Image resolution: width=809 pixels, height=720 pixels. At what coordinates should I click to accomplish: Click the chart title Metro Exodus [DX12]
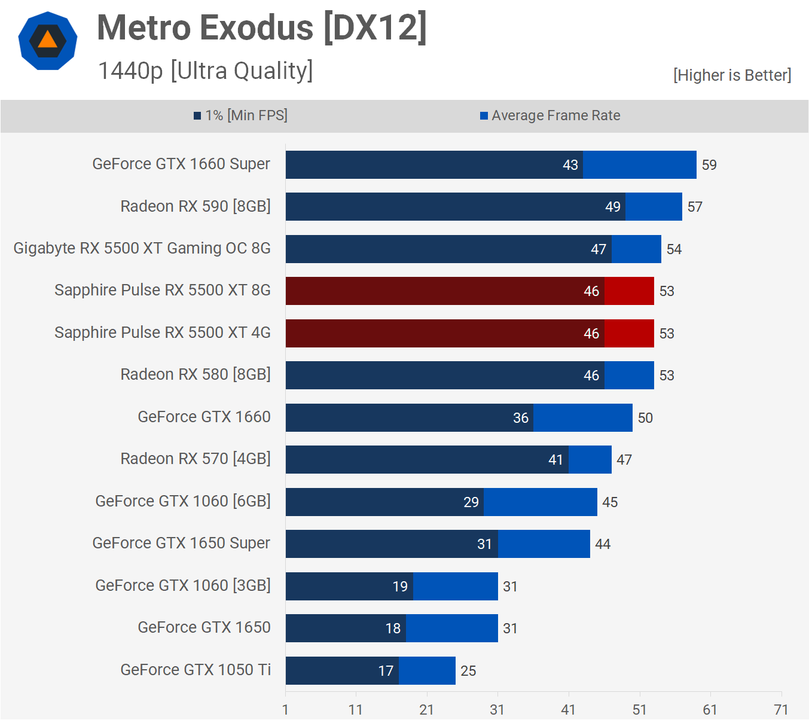262,28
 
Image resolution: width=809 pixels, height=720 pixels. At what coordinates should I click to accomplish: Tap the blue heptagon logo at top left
48,41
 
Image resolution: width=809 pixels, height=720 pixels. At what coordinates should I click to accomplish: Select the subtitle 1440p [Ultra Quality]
205,71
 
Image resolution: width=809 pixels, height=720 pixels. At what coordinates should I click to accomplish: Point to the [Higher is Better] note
732,75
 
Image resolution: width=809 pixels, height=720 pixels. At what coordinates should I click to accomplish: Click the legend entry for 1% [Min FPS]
240,115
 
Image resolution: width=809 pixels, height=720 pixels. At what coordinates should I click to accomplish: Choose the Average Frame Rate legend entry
550,115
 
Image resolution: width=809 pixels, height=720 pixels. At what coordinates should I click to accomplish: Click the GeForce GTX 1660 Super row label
181,164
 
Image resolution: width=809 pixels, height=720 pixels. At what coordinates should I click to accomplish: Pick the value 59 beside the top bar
709,165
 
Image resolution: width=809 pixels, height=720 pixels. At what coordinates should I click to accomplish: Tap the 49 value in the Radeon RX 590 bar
612,207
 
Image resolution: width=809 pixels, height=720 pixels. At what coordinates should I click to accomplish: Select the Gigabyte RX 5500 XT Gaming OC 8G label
142,249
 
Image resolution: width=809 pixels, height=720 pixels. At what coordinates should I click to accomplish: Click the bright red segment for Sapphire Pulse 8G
629,291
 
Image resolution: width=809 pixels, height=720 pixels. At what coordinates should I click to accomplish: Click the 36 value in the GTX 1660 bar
520,418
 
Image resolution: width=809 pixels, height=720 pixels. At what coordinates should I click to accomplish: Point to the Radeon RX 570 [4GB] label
196,459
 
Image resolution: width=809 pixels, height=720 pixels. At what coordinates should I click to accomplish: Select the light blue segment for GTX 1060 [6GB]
540,502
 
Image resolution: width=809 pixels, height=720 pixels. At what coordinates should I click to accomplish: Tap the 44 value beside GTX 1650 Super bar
603,544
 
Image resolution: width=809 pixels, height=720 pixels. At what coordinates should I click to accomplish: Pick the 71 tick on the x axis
781,710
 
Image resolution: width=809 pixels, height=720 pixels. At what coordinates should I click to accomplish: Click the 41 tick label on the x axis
568,710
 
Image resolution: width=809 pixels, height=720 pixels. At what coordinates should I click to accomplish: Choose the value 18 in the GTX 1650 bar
393,629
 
